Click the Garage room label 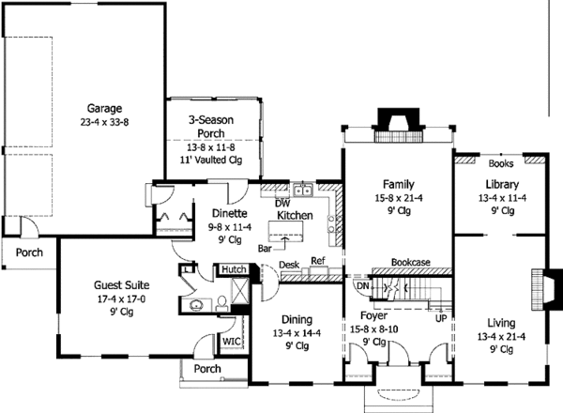[x=104, y=109]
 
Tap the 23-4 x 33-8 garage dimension [x=104, y=122]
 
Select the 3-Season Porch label [x=211, y=127]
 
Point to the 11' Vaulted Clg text [x=211, y=160]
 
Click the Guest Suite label [x=122, y=285]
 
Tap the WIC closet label [x=231, y=341]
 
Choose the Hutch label [x=234, y=269]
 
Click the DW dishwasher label [x=282, y=204]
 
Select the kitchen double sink [x=303, y=190]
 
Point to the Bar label [x=265, y=249]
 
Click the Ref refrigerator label [x=318, y=261]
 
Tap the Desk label [x=289, y=265]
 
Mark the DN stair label [x=363, y=286]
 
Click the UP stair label [x=441, y=318]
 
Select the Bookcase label [x=411, y=262]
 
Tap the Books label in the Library [x=501, y=163]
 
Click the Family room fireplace [x=399, y=125]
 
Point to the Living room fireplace [x=546, y=289]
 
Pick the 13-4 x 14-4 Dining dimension [x=297, y=333]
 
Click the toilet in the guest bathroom [x=221, y=303]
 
